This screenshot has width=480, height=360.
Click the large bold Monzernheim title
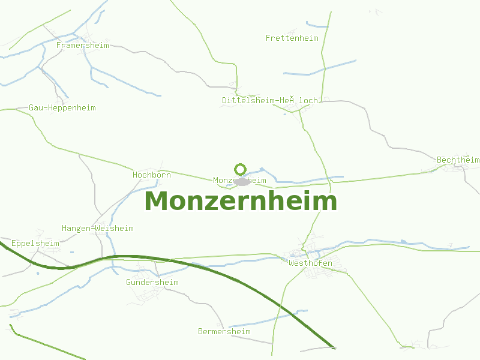[241, 201]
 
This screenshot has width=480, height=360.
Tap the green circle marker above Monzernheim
[241, 169]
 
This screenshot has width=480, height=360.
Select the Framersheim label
[83, 45]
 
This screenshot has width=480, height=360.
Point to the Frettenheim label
[292, 38]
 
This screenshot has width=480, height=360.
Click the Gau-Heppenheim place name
[62, 108]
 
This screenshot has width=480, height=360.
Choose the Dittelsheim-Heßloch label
[270, 100]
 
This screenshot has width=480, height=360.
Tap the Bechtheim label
[458, 160]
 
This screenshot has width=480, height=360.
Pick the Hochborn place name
[152, 175]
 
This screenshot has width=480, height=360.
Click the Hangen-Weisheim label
[98, 229]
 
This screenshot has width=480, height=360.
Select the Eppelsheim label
[35, 244]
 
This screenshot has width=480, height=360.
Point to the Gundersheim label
[152, 283]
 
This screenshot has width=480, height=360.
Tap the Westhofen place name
[310, 263]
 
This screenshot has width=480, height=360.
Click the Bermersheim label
[224, 332]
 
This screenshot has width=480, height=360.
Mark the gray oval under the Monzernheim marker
[242, 182]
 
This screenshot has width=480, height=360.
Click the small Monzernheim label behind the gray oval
[223, 180]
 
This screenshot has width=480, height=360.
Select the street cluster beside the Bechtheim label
[454, 169]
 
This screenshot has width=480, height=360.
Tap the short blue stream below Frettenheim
[319, 68]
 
